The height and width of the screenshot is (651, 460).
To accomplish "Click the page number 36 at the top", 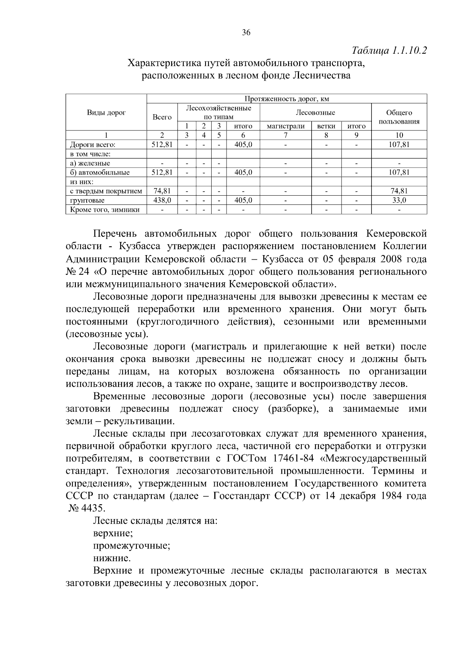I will click(246, 33).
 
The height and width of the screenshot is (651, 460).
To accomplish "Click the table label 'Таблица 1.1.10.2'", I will click(389, 51).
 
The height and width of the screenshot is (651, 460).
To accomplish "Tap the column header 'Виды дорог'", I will click(106, 112).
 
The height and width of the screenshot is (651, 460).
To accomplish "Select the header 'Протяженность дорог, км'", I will click(287, 99).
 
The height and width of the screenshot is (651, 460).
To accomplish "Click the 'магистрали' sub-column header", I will click(285, 126).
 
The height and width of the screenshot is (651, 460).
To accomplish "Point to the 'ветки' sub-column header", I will click(326, 126).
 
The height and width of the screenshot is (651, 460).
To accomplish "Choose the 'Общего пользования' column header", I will click(399, 117).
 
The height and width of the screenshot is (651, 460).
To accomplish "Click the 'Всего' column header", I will click(162, 117).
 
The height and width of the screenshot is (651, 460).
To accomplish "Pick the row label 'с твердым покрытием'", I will click(106, 191).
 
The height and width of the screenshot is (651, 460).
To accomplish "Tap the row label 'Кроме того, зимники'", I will click(104, 209).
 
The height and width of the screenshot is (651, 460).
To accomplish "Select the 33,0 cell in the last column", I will click(399, 200).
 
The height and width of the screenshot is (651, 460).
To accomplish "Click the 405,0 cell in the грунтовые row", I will click(243, 200).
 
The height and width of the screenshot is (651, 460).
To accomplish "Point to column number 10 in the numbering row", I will click(399, 135).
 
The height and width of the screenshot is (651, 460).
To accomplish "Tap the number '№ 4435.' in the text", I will click(86, 508).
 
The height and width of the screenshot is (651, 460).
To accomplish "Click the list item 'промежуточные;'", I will click(131, 545).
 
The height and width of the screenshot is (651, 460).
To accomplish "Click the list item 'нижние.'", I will click(112, 558).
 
